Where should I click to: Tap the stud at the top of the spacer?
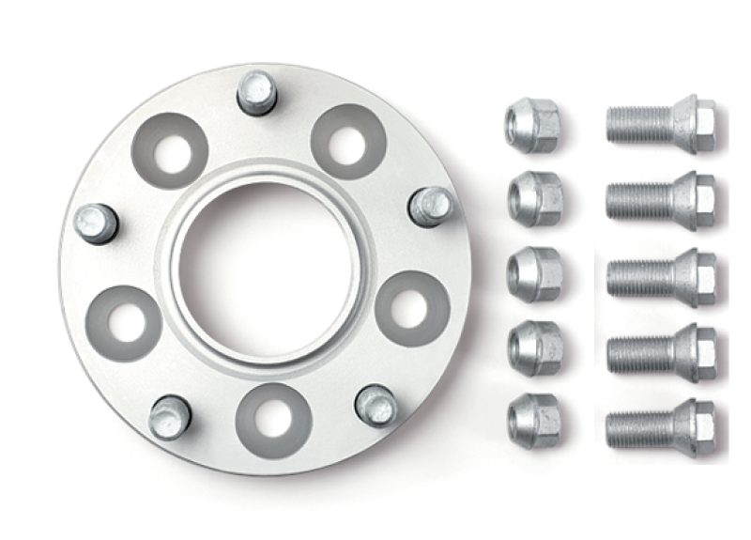pyautogui.click(x=256, y=93)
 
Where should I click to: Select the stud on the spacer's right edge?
pyautogui.click(x=431, y=205)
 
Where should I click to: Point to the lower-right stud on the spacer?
pyautogui.click(x=376, y=405)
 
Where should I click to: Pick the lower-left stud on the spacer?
pyautogui.click(x=170, y=415)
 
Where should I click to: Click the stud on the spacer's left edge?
pyautogui.click(x=97, y=223)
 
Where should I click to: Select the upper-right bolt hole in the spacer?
pyautogui.click(x=348, y=142)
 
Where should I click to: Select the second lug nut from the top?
pyautogui.click(x=535, y=197)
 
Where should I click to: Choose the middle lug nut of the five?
pyautogui.click(x=535, y=274)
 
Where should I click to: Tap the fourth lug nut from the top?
pyautogui.click(x=535, y=347)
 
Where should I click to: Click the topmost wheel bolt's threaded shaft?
pyautogui.click(x=638, y=124)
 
